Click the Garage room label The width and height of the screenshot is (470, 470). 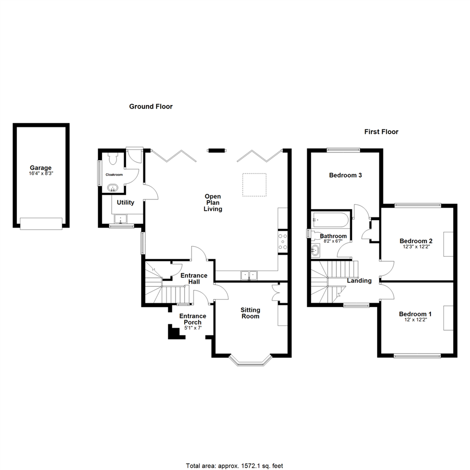40,168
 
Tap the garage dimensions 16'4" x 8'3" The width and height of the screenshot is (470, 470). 41,174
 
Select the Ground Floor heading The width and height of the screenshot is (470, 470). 151,107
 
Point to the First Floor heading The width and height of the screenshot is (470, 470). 381,131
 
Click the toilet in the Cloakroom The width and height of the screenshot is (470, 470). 113,158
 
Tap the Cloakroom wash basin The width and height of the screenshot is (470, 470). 113,188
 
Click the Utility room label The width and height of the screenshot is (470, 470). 125,203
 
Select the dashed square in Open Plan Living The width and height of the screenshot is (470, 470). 254,185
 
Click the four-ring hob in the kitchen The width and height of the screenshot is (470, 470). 283,241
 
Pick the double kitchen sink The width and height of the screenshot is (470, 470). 249,275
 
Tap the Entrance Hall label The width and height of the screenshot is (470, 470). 194,279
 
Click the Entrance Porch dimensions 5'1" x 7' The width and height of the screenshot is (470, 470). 193,328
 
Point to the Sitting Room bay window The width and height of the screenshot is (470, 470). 250,361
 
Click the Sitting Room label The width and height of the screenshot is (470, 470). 250,313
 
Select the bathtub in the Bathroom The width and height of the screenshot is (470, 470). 330,220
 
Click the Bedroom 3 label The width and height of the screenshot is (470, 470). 345,175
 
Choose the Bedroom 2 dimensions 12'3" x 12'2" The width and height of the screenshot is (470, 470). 416,247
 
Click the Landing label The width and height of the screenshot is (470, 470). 359,281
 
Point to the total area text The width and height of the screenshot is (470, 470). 235,466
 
